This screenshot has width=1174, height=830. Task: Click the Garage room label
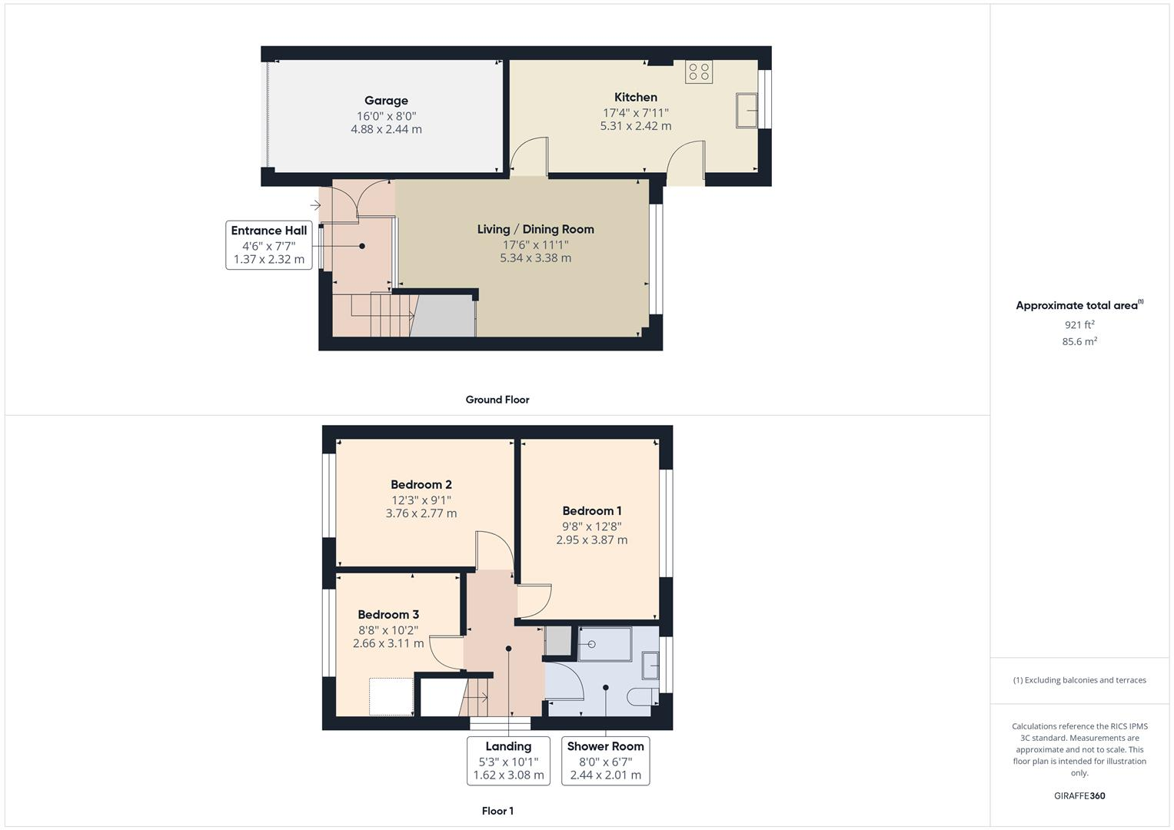click(386, 101)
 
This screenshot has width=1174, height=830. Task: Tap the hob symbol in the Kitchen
click(699, 72)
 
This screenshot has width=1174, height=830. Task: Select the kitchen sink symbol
click(747, 111)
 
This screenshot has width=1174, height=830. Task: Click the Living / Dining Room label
click(535, 229)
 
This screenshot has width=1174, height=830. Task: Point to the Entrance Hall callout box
click(269, 244)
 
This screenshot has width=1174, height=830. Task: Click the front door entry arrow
click(315, 205)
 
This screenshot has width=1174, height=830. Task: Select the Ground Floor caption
click(497, 400)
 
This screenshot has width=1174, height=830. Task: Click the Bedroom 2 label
click(421, 485)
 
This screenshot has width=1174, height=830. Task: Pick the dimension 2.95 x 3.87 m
click(591, 540)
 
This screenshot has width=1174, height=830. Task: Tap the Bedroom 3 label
click(388, 615)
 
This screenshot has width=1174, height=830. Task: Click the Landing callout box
click(508, 760)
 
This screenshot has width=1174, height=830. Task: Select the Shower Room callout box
click(605, 760)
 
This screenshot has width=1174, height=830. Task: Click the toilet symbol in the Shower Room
click(641, 697)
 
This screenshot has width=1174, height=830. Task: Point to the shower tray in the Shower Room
click(604, 644)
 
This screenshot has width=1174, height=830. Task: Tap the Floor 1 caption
click(497, 811)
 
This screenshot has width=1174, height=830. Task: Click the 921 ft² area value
click(1079, 325)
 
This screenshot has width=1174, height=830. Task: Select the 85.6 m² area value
click(1079, 342)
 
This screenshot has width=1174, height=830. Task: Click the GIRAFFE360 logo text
click(1079, 796)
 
